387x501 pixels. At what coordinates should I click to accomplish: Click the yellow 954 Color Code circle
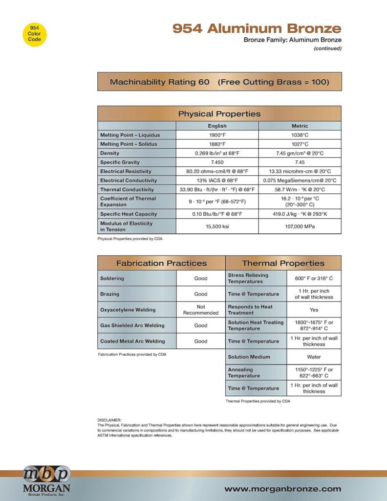click(34, 34)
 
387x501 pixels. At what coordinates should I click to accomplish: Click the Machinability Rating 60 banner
click(219, 82)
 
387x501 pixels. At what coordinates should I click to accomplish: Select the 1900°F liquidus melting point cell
click(217, 135)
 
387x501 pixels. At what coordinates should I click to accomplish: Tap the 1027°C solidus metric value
click(300, 144)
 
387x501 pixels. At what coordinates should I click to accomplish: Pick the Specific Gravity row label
click(120, 162)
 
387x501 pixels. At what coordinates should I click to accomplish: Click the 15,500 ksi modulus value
click(217, 227)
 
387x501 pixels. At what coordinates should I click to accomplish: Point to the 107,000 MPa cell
click(300, 227)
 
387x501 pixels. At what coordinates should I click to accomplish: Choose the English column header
click(217, 126)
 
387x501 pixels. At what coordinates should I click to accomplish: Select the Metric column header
click(300, 126)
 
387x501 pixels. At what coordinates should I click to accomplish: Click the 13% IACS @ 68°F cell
click(217, 181)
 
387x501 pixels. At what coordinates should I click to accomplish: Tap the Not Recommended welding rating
click(200, 310)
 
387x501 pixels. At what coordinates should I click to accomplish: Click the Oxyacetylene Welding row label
click(128, 310)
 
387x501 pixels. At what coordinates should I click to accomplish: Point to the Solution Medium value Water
click(314, 357)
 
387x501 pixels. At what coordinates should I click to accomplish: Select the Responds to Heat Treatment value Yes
click(314, 310)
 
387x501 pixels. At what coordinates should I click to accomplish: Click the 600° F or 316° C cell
click(314, 278)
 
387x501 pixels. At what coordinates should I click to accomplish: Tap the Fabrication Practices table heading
click(161, 263)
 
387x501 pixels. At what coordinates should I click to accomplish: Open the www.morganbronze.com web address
click(282, 489)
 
